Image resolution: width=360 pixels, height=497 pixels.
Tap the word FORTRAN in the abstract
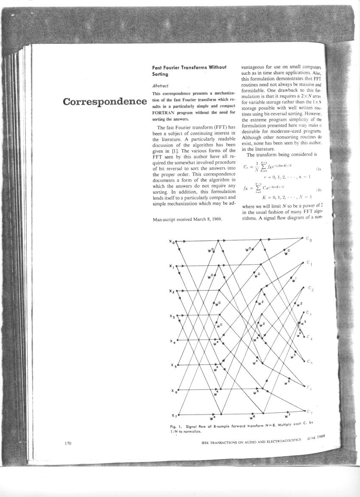coord(166,113)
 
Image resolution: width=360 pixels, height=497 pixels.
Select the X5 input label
coord(172,366)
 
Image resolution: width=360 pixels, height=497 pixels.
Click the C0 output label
coord(309,240)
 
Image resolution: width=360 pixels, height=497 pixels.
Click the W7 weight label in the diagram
coord(287,415)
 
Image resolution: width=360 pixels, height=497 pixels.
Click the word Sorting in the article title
coord(160,73)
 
